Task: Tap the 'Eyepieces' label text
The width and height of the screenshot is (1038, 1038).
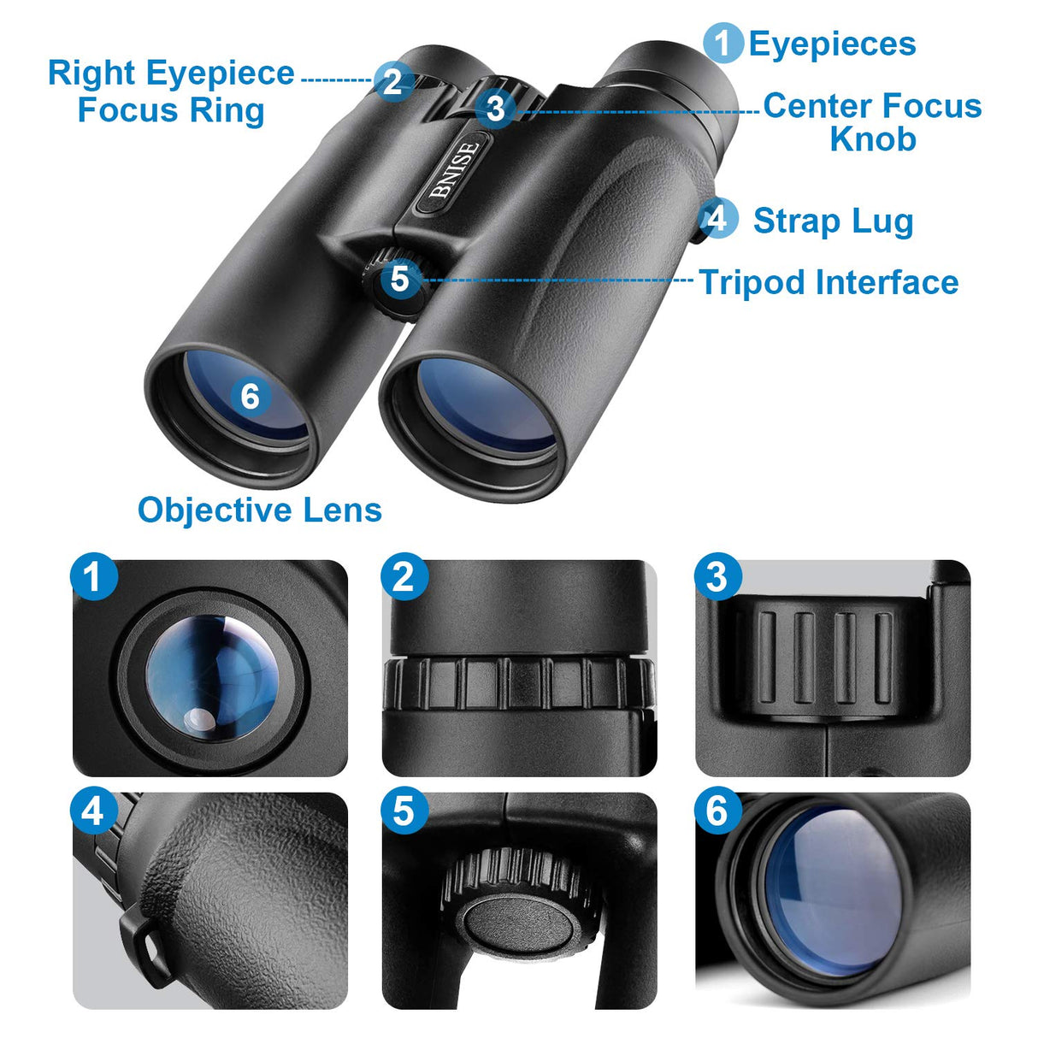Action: click(x=831, y=44)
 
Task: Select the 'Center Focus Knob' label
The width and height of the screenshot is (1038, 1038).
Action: click(x=872, y=121)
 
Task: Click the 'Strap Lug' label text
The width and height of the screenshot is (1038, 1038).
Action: click(x=833, y=221)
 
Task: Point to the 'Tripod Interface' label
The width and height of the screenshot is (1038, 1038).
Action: click(x=829, y=282)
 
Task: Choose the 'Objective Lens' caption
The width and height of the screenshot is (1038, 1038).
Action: click(x=259, y=510)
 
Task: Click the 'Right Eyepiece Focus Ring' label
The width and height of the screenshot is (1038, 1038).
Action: click(x=171, y=91)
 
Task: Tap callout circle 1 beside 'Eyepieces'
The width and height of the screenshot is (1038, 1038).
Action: click(x=723, y=43)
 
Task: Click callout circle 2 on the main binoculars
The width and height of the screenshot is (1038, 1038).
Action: click(x=393, y=81)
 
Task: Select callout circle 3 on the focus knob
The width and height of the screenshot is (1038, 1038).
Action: click(x=496, y=109)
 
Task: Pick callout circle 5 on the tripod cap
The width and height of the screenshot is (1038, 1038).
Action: click(x=399, y=280)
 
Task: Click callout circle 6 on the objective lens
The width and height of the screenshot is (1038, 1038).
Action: click(x=250, y=397)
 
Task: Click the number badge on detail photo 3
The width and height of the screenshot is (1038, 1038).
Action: click(x=717, y=577)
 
